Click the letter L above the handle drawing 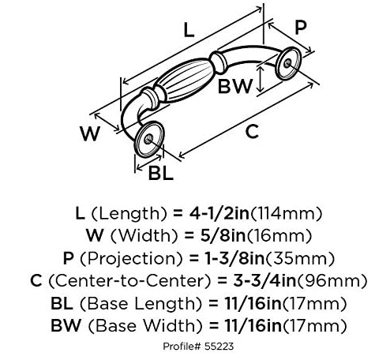coord(189,30)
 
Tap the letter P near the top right coord(301,27)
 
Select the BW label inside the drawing coord(235,86)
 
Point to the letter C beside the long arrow coord(252,132)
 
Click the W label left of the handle coord(90,133)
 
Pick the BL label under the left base coord(161,173)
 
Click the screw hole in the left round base coord(148,139)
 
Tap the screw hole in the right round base coord(288,63)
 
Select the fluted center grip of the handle coord(183,78)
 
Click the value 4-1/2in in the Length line coord(219,213)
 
